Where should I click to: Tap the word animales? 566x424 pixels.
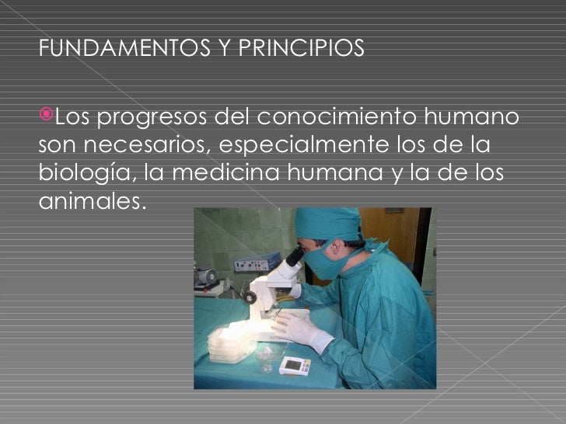point(91,199)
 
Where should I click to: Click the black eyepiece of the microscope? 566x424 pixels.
point(295,256)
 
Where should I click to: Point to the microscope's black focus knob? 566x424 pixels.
point(250,297)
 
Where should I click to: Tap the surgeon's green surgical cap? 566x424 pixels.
point(327,223)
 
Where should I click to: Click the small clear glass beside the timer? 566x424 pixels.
point(265,356)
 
